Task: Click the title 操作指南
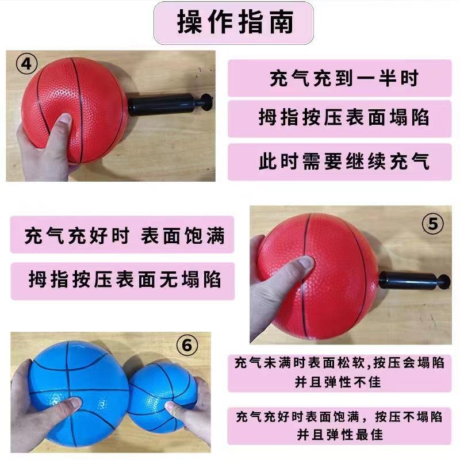point(235,23)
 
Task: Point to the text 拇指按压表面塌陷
point(344,119)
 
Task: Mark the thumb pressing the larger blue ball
point(66,405)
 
